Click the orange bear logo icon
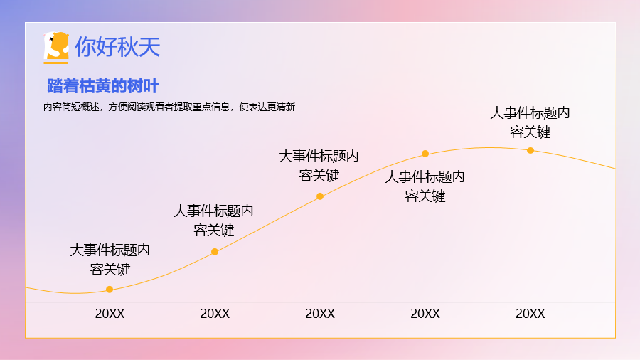pyautogui.click(x=56, y=46)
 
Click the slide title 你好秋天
pyautogui.click(x=117, y=46)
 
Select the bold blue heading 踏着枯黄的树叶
pyautogui.click(x=103, y=86)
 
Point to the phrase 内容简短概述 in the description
pyautogui.click(x=71, y=107)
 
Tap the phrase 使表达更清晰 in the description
pyautogui.click(x=267, y=107)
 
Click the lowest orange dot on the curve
pyautogui.click(x=110, y=290)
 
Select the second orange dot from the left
pyautogui.click(x=215, y=252)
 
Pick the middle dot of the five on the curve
pyautogui.click(x=320, y=196)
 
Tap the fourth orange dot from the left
pyautogui.click(x=425, y=154)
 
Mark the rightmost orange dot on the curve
pyautogui.click(x=530, y=150)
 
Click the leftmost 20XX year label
pyautogui.click(x=110, y=314)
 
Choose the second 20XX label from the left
pyautogui.click(x=215, y=314)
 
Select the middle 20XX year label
pyautogui.click(x=320, y=314)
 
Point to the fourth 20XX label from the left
pyautogui.click(x=425, y=314)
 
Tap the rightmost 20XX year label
pyautogui.click(x=530, y=314)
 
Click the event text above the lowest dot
pyautogui.click(x=110, y=260)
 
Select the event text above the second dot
pyautogui.click(x=213, y=221)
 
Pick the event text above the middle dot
pyautogui.click(x=319, y=166)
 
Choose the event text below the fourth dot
pyautogui.click(x=425, y=186)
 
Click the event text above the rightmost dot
pyautogui.click(x=530, y=122)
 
